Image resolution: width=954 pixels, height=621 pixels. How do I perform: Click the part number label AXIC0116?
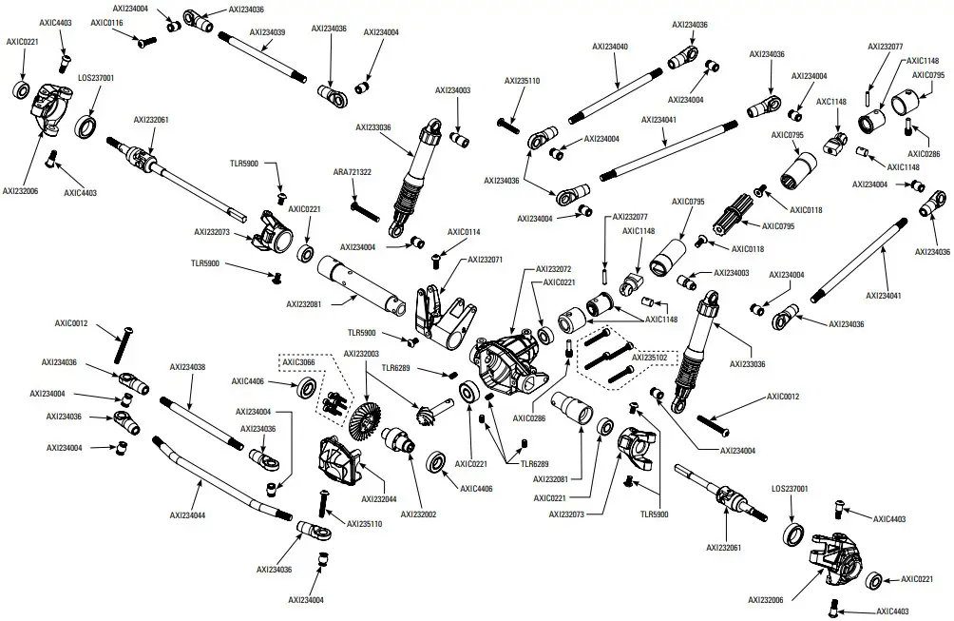pyautogui.click(x=108, y=21)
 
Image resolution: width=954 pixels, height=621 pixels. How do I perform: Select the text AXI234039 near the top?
pyautogui.click(x=267, y=31)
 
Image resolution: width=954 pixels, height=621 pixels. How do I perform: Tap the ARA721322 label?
pyautogui.click(x=352, y=172)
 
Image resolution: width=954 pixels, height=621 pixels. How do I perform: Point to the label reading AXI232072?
pyautogui.click(x=554, y=269)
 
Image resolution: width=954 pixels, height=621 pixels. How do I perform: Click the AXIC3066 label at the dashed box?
pyautogui.click(x=297, y=361)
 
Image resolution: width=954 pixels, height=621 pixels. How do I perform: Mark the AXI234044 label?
pyautogui.click(x=188, y=515)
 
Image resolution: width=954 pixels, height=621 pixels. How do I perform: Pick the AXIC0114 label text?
pyautogui.click(x=465, y=231)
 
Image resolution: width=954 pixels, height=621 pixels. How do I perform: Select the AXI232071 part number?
pyautogui.click(x=485, y=259)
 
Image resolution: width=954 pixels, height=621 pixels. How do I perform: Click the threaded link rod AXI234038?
pyautogui.click(x=200, y=419)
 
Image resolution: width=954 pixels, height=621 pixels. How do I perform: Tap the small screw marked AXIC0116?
pyautogui.click(x=145, y=42)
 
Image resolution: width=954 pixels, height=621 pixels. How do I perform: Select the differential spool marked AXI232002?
pyautogui.click(x=399, y=441)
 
